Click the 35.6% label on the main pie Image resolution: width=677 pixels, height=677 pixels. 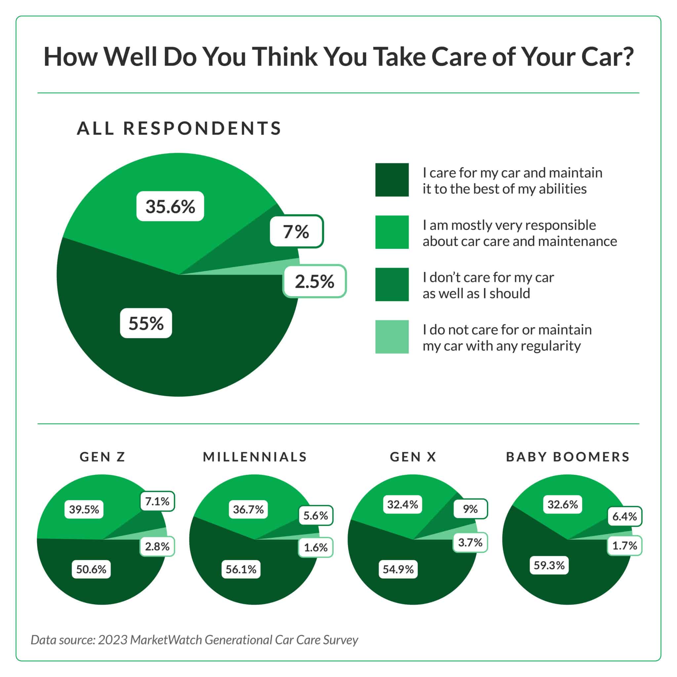[170, 206]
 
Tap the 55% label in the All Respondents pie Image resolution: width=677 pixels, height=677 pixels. [146, 323]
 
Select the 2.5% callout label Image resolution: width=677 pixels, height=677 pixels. [315, 281]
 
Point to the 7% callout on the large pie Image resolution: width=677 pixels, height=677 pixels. [297, 232]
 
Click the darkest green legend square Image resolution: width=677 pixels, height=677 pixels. [392, 180]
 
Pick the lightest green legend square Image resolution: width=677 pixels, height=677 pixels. [392, 337]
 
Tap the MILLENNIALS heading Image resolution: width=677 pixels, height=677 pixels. [255, 457]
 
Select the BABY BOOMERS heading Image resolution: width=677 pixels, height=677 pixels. [568, 457]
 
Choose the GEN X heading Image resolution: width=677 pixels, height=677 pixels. [413, 457]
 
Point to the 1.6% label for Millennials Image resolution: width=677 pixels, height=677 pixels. [316, 547]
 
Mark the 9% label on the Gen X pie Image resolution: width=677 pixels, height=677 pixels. [470, 509]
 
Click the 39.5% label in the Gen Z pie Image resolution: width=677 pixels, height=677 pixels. [84, 509]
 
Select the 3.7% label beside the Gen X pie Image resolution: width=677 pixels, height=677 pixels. [470, 542]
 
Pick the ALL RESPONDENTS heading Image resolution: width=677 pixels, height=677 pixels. [179, 128]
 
